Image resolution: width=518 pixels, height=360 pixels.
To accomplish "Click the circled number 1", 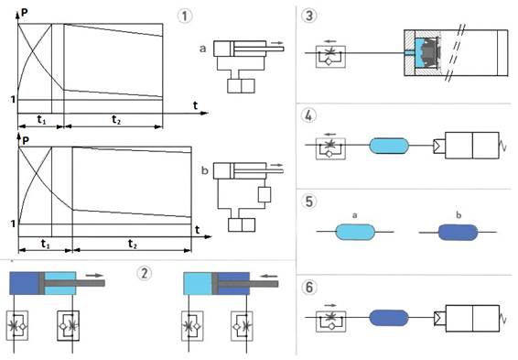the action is pos(185,16).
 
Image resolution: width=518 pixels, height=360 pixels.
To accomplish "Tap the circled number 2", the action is pos(145,273).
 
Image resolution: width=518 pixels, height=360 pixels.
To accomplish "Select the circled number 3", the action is pos(309,16).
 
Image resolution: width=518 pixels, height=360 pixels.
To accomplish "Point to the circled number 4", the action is pos(309,115).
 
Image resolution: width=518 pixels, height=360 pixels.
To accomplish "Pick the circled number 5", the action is pos(309,202).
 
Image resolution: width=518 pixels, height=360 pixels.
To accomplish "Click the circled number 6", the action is pos(309,287).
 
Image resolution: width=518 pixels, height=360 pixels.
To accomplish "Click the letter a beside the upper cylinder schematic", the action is pos(203,49).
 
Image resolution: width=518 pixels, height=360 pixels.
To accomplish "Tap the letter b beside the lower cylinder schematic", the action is pos(204,170).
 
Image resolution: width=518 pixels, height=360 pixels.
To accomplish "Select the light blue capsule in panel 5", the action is pos(355,232).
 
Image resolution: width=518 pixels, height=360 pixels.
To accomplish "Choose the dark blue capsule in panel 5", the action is pos(458,232).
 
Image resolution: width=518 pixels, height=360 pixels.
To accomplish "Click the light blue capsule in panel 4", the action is pos(389,146).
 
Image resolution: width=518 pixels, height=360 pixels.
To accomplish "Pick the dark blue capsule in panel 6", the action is pos(388,318).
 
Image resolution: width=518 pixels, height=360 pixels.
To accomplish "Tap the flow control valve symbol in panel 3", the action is pos(330,57).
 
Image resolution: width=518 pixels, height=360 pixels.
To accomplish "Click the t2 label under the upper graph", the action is pos(116,119).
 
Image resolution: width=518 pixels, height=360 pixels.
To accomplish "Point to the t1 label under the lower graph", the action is pos(45,245).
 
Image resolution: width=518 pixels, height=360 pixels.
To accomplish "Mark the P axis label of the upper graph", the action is pos(24,13).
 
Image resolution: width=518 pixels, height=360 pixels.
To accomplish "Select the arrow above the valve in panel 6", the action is pos(330,305).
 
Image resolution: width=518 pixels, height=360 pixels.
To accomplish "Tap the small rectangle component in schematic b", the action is pos(264,194).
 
